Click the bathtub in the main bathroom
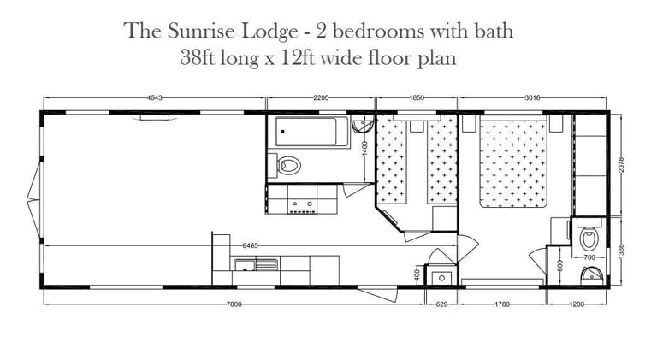pos(311,133)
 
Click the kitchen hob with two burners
pos(302,204)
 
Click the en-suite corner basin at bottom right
pos(590,275)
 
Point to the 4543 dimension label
pos(156,99)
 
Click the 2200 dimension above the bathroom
pos(321,99)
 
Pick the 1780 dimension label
pos(502,304)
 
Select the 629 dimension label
pos(442,304)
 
